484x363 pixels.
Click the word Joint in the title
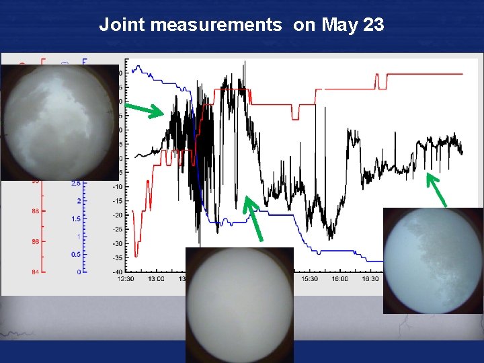pos(123,26)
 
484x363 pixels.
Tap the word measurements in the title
pos(216,26)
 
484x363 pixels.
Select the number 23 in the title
pos(372,26)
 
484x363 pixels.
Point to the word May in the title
pos(340,26)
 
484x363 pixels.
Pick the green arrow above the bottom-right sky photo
pos(437,189)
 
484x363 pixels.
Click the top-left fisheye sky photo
pos(60,122)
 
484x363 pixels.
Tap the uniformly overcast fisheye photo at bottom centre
pos(239,305)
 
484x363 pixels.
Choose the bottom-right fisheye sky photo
pos(433,261)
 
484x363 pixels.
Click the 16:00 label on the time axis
pos(340,278)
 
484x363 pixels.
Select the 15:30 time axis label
pos(309,278)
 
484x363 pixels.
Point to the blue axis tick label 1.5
pos(77,219)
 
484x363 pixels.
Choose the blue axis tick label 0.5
pos(77,254)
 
